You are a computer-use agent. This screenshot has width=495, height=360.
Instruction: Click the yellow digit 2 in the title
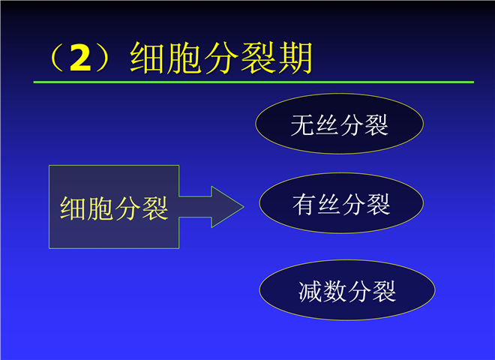click(x=80, y=58)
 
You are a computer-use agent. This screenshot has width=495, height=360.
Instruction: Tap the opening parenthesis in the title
click(x=56, y=58)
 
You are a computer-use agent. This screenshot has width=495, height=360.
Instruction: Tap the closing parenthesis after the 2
click(x=103, y=58)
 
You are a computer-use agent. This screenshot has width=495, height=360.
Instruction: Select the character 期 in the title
click(x=295, y=58)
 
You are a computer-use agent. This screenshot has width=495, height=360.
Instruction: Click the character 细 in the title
click(x=148, y=58)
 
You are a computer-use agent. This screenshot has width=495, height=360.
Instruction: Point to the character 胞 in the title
click(x=184, y=58)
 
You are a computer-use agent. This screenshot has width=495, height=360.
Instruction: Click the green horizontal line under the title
click(x=253, y=82)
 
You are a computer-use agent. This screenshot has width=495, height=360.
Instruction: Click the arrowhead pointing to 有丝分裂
click(x=227, y=207)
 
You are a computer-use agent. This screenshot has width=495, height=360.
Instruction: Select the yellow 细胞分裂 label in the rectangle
click(x=114, y=208)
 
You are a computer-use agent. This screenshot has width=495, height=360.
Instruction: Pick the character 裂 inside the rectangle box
click(x=155, y=208)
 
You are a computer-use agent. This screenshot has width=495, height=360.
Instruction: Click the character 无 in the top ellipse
click(x=302, y=125)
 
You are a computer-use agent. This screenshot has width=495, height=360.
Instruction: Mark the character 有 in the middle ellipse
click(x=304, y=205)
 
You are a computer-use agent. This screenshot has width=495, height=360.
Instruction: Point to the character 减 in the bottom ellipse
click(x=310, y=292)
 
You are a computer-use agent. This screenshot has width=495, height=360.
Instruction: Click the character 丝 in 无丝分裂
click(x=327, y=125)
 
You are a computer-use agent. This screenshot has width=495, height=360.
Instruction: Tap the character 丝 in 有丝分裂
click(x=328, y=205)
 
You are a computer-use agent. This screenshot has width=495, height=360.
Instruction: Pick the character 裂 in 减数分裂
click(x=384, y=292)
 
